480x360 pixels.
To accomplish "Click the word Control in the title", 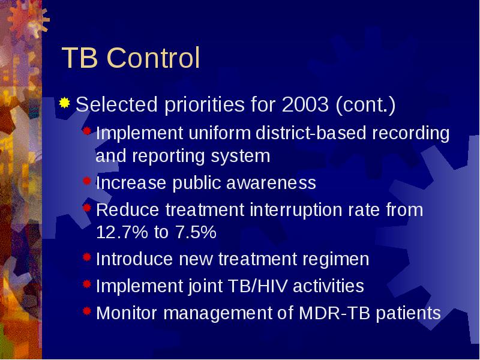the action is pyautogui.click(x=154, y=57).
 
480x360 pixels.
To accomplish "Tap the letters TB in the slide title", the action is pyautogui.click(x=80, y=57).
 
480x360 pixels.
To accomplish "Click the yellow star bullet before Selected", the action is pyautogui.click(x=65, y=103).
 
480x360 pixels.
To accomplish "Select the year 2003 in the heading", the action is pyautogui.click(x=305, y=104).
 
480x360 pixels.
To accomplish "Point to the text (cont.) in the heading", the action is pyautogui.click(x=366, y=104).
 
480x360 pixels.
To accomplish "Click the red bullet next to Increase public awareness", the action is pyautogui.click(x=87, y=181).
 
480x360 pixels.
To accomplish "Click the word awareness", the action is pyautogui.click(x=271, y=183).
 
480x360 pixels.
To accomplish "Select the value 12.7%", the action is pyautogui.click(x=122, y=232).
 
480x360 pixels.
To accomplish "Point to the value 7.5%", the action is pyautogui.click(x=196, y=232).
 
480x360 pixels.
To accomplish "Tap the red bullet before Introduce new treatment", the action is pyautogui.click(x=87, y=257).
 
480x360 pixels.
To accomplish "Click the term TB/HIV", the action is pyautogui.click(x=258, y=286).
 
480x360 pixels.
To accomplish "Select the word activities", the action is pyautogui.click(x=328, y=286).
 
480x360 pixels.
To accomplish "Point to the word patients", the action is pyautogui.click(x=409, y=313).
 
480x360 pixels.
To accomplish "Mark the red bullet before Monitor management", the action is pyautogui.click(x=87, y=311).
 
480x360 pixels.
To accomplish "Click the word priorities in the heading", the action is pyautogui.click(x=205, y=104).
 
